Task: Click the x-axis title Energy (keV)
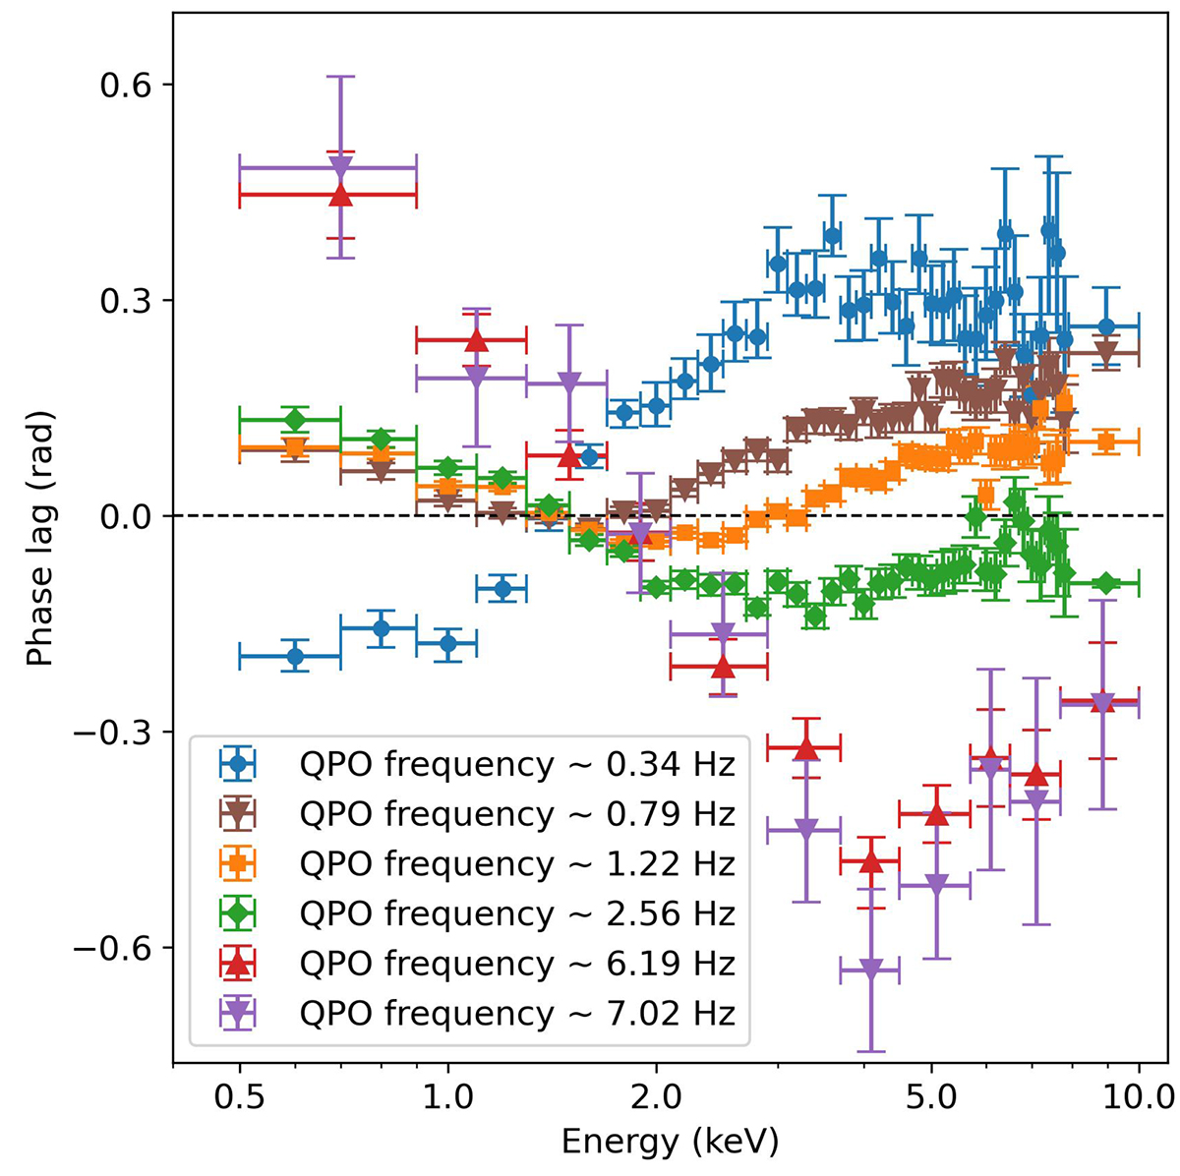(670, 1141)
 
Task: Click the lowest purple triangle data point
(869, 970)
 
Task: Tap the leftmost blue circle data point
(294, 656)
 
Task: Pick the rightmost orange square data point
(1105, 441)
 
